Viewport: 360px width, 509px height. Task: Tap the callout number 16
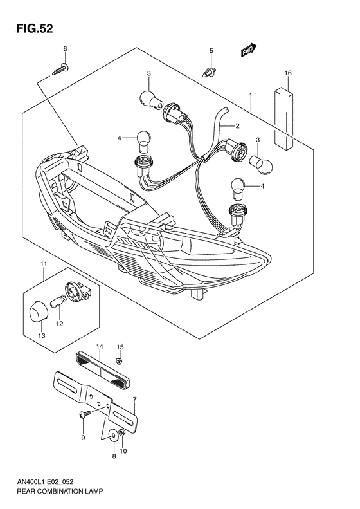point(289,74)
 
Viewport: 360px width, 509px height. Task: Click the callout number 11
point(44,264)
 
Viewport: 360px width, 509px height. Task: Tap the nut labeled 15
point(120,360)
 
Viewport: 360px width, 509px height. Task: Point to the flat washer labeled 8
point(113,435)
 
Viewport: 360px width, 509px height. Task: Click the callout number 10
point(123,451)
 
